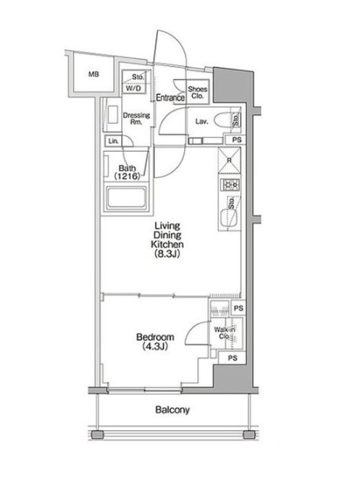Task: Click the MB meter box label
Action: (94, 74)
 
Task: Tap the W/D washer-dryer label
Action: (134, 88)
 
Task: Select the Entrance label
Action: (170, 98)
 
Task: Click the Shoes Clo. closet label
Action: (197, 92)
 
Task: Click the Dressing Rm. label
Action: (137, 118)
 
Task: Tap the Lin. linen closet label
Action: (113, 141)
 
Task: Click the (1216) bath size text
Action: (127, 176)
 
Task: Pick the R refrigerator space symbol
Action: (229, 160)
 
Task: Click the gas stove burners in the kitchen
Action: (230, 185)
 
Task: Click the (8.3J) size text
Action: (167, 254)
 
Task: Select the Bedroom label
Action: (155, 337)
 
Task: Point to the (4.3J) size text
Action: (155, 347)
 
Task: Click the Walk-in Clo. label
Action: (224, 333)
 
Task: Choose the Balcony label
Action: (172, 410)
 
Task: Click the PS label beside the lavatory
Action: (236, 140)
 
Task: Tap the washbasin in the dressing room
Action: (113, 115)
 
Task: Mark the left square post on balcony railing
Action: (97, 434)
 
